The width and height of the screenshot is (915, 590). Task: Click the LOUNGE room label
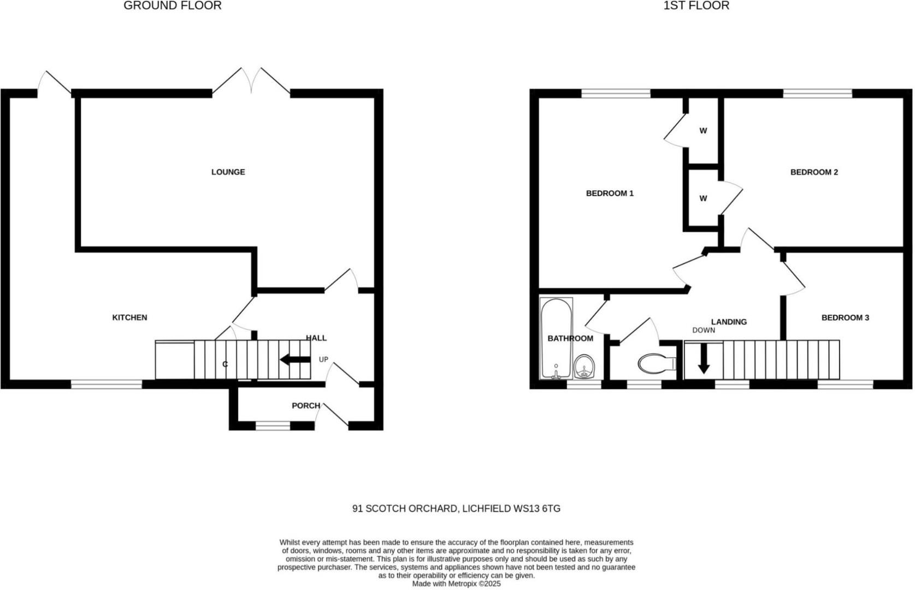[x=228, y=172]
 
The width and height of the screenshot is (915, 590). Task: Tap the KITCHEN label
[x=129, y=317]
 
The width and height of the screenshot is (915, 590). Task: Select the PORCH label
[x=306, y=406]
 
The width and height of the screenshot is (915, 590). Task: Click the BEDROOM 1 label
[x=610, y=193]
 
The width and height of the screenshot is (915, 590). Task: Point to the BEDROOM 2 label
[x=814, y=172]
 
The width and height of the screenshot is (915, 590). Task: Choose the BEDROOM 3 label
[x=845, y=317]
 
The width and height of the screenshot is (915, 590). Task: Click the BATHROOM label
[x=570, y=338]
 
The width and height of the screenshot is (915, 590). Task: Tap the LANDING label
[x=729, y=322]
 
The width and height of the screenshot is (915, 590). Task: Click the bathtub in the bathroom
[x=556, y=338]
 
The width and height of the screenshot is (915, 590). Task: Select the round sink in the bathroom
[x=584, y=366]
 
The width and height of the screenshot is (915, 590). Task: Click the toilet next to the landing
[x=657, y=363]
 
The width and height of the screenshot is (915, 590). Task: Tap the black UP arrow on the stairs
[x=296, y=360]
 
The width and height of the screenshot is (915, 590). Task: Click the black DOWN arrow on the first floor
[x=704, y=358]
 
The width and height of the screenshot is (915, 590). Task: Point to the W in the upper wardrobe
[x=703, y=131]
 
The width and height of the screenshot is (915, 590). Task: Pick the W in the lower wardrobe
[x=703, y=198]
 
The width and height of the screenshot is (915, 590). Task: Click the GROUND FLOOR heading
[x=173, y=5]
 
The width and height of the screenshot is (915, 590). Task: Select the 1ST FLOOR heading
[x=696, y=5]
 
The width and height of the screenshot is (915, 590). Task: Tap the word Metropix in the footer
[x=462, y=584]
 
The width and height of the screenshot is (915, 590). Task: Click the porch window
[x=273, y=426]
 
